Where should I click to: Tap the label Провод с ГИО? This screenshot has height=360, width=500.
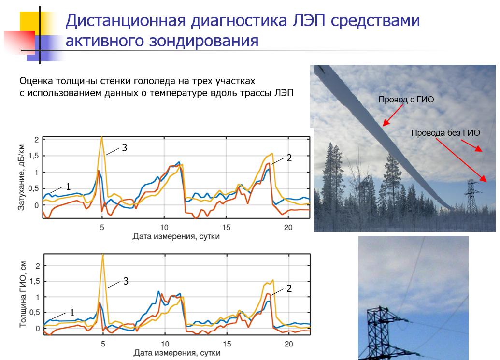click(x=406, y=100)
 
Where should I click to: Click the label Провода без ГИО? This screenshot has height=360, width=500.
click(x=445, y=133)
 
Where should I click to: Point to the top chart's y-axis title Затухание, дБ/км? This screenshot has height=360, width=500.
click(x=21, y=177)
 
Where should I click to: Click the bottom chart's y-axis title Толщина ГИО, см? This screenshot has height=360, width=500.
click(x=22, y=294)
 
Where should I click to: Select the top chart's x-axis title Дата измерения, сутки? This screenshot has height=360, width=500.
click(x=176, y=236)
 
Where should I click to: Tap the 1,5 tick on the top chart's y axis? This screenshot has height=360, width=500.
click(x=33, y=156)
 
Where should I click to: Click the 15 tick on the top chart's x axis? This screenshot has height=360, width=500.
click(x=226, y=227)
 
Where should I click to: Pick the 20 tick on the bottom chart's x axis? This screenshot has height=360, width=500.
click(x=288, y=344)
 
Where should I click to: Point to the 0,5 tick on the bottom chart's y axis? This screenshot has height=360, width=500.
click(x=34, y=313)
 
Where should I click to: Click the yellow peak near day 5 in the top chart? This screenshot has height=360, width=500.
click(x=102, y=137)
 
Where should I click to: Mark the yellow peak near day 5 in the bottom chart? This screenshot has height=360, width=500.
click(x=103, y=255)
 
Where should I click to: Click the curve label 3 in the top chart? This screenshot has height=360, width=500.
click(x=124, y=148)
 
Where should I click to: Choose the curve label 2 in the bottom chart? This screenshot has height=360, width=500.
click(x=289, y=288)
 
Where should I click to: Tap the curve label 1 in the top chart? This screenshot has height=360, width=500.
click(x=68, y=186)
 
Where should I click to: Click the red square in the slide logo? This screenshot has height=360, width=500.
click(x=20, y=42)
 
